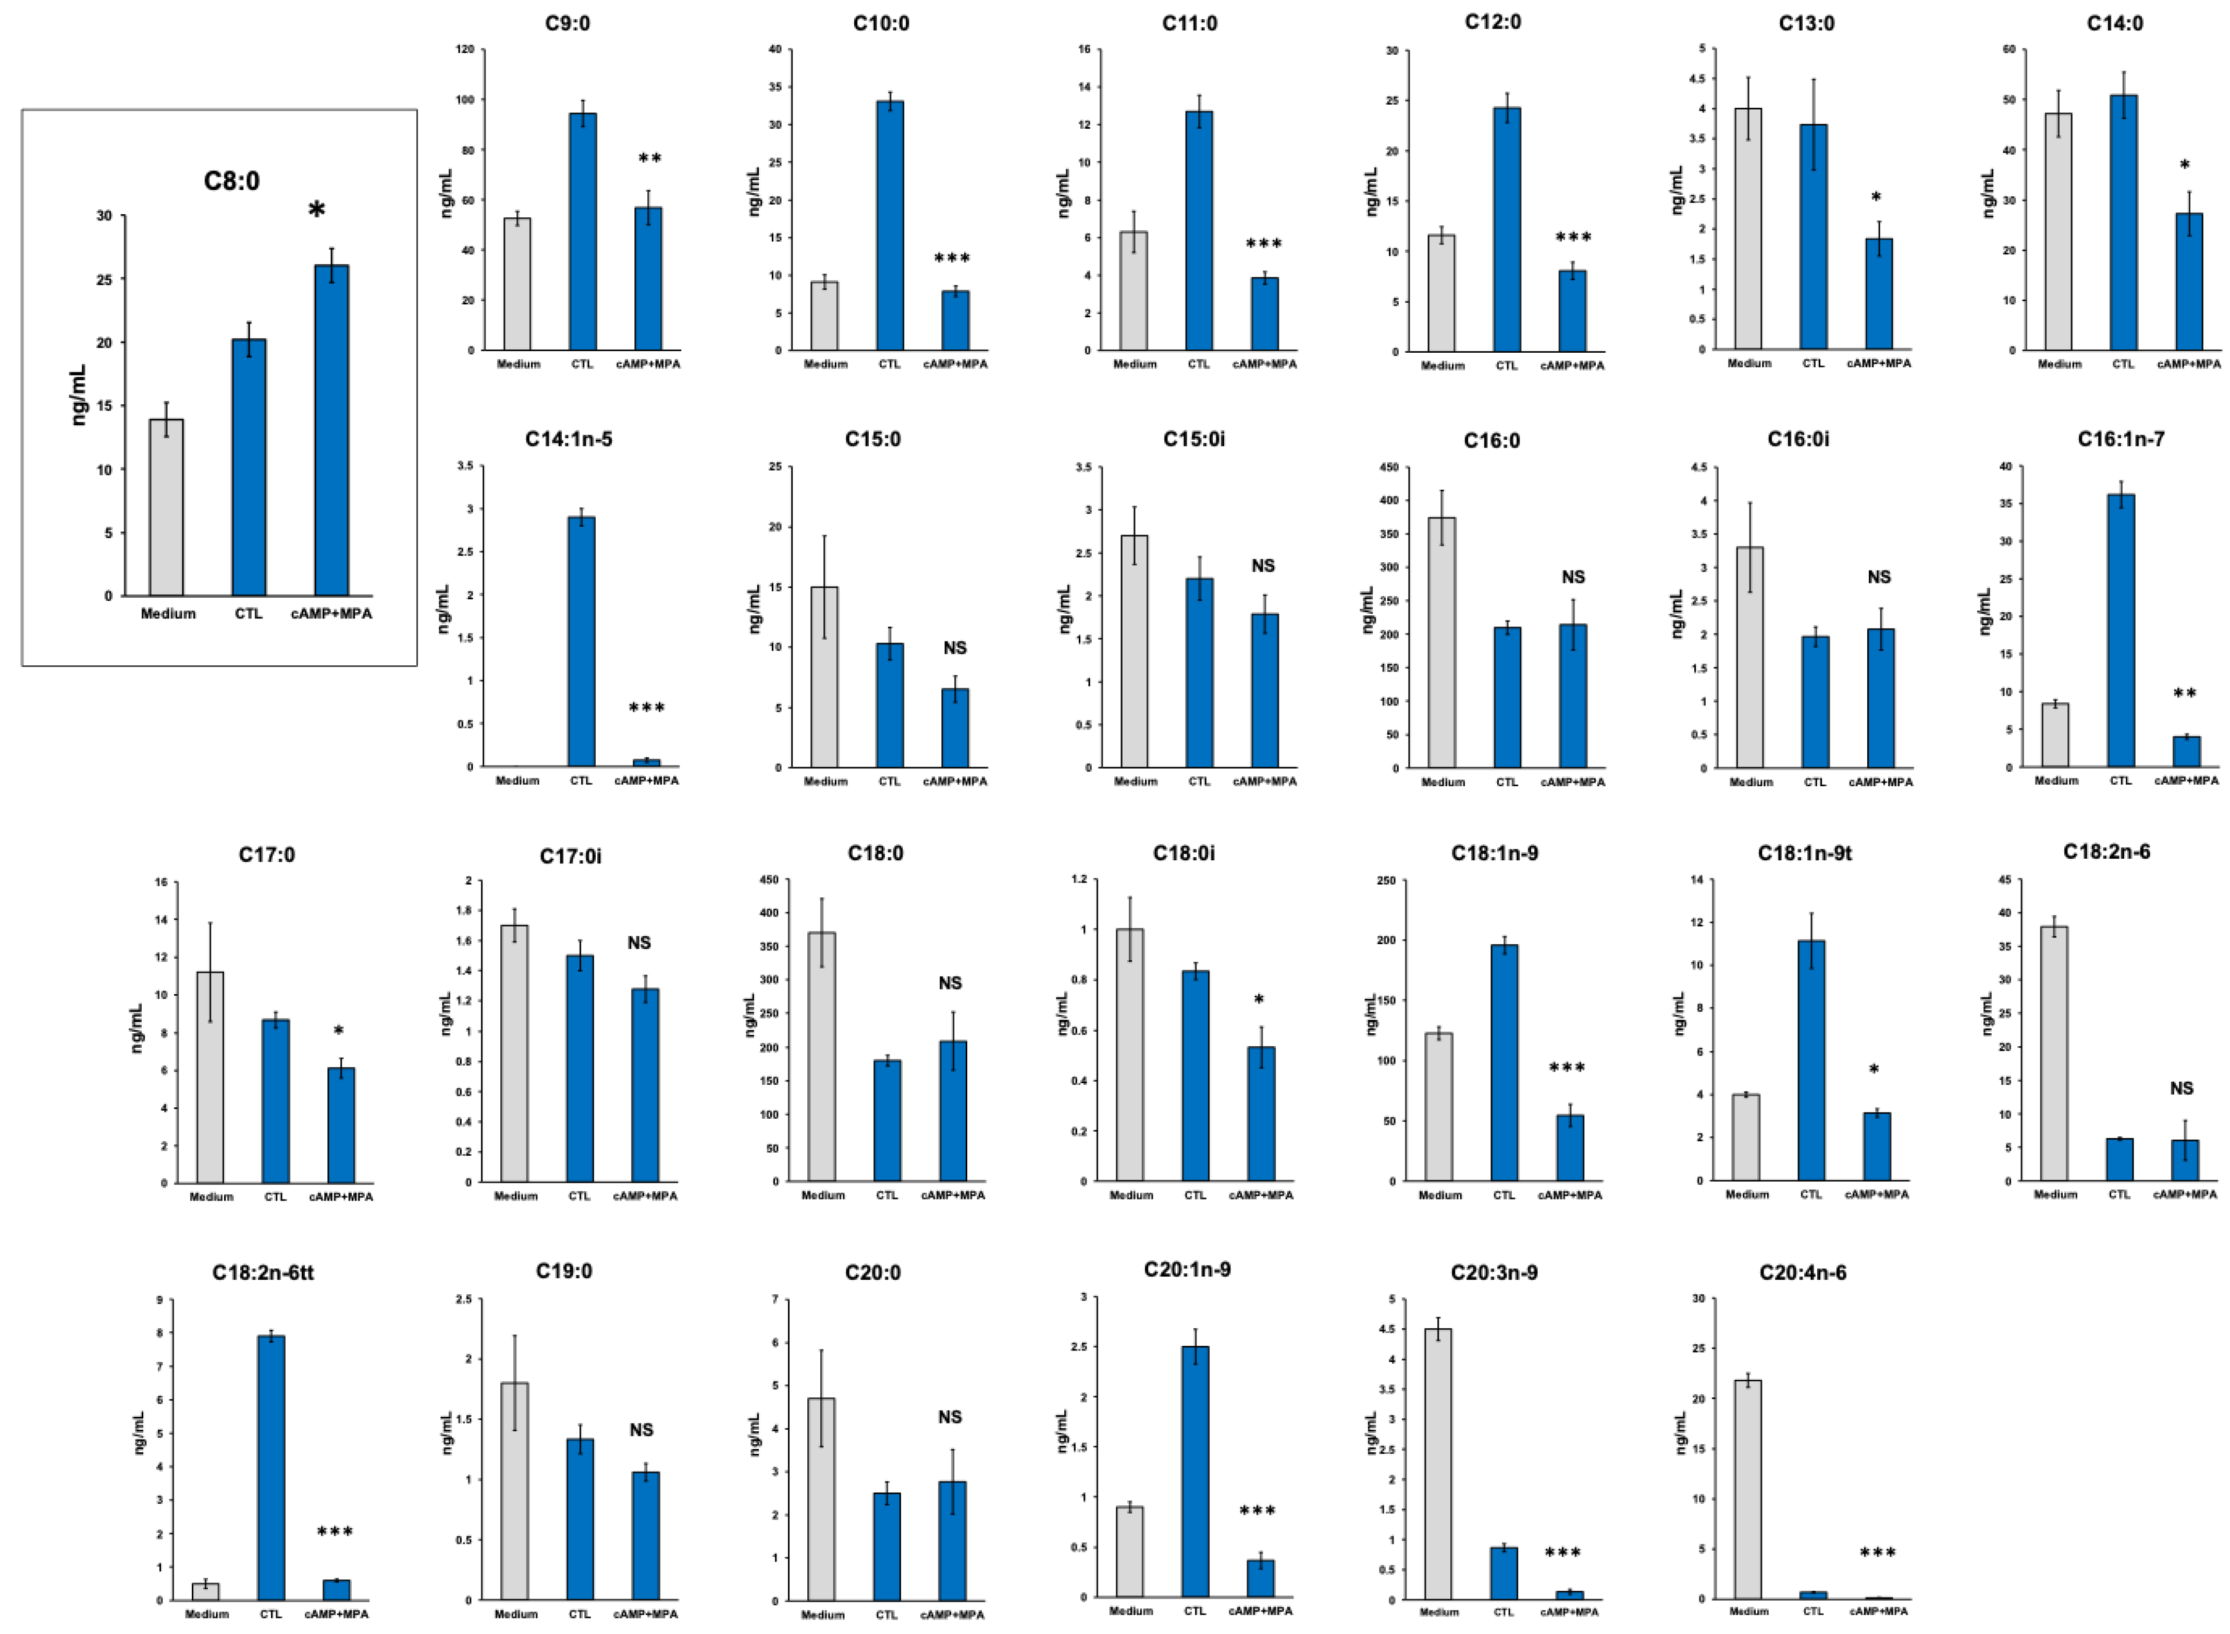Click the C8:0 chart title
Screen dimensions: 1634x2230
coord(231,181)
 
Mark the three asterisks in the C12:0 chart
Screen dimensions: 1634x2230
coord(1573,238)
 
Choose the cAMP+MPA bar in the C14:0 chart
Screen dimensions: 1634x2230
coord(2188,282)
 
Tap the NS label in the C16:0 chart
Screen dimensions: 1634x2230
coord(1573,577)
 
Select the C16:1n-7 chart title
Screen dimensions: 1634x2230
coord(2120,439)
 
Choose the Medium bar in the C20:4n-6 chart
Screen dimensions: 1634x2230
coord(1747,1489)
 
